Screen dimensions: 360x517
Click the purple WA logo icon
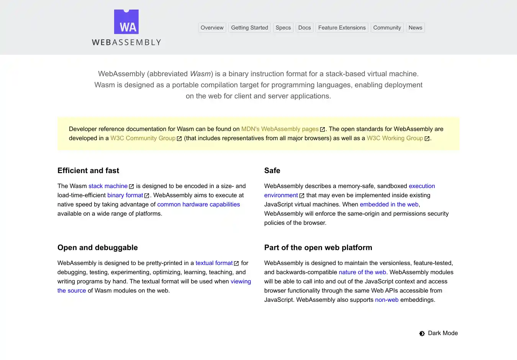[126, 22]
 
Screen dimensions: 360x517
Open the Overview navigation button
[212, 28]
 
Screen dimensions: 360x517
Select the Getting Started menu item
[249, 28]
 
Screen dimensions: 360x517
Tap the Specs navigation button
[283, 28]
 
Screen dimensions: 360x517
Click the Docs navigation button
[304, 28]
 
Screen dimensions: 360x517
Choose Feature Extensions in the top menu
[342, 28]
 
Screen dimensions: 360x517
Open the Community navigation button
[387, 28]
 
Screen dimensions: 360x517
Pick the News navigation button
[415, 28]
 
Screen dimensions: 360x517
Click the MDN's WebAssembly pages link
[280, 129]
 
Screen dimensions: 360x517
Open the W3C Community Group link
[143, 138]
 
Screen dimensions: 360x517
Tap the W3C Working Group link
[395, 138]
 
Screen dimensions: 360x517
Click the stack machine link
[108, 186]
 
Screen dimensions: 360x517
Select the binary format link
[125, 195]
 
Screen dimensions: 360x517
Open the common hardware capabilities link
[198, 205]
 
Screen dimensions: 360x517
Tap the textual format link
[214, 263]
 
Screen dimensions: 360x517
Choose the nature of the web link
[362, 272]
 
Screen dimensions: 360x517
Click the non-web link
[387, 300]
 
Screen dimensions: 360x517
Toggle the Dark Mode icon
[422, 334]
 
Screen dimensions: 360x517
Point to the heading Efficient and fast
[88, 171]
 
